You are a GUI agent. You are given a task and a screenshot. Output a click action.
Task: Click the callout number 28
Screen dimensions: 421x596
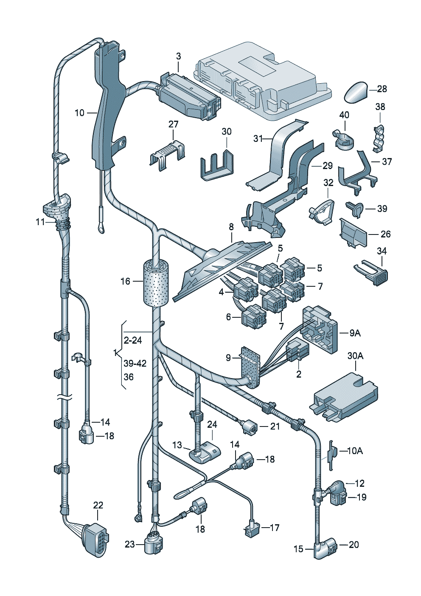[382, 89]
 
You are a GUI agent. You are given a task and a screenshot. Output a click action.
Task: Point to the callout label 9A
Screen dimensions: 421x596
[355, 333]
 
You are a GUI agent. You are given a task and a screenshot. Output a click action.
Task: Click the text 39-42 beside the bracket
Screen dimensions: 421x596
[135, 363]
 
